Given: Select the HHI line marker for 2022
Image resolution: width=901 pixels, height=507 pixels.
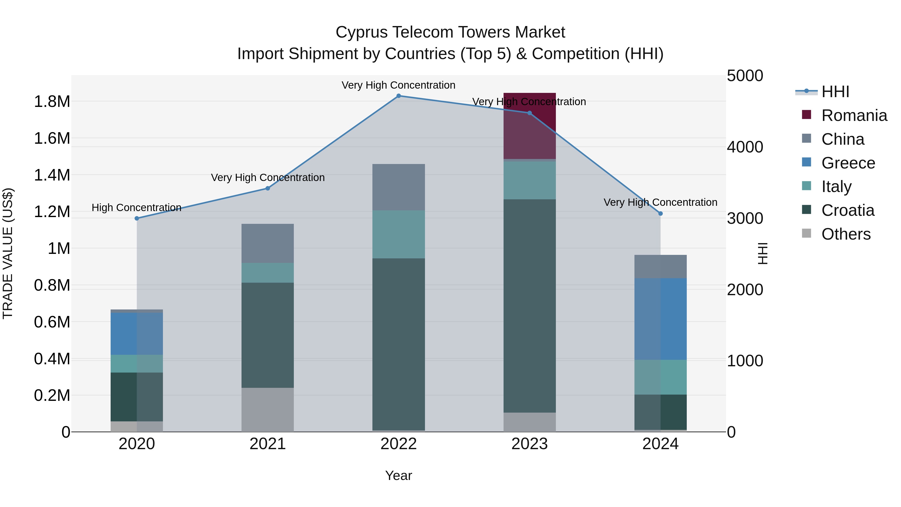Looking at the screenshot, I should tap(398, 96).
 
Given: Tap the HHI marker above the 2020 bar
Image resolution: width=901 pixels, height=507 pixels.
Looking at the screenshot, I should tap(137, 218).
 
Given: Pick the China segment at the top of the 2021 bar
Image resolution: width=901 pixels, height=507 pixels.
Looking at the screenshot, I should tap(268, 243).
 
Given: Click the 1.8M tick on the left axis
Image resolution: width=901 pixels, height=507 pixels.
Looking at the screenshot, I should tap(52, 102).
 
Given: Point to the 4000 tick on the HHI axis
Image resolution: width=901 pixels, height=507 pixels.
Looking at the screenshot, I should tap(745, 147).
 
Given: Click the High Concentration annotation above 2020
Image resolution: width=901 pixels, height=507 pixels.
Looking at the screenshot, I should tap(136, 208).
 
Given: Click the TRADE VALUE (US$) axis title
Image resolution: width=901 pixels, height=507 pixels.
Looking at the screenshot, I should tap(8, 253).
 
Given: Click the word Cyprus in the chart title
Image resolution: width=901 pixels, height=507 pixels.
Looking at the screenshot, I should tap(361, 32).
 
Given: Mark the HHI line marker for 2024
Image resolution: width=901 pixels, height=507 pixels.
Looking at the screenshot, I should tap(660, 213).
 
